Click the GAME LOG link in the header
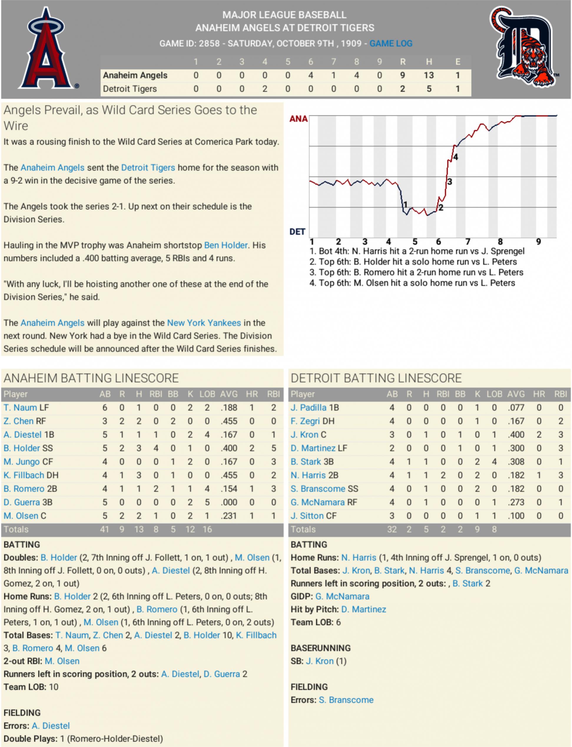click(391, 44)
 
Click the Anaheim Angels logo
click(47, 49)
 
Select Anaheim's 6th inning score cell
click(311, 75)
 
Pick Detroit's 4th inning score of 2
click(265, 89)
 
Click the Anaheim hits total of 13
click(429, 75)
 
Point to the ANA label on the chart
click(298, 119)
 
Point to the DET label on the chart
click(297, 232)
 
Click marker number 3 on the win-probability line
click(450, 182)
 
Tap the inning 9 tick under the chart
click(538, 242)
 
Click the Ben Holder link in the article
click(226, 245)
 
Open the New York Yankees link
click(204, 323)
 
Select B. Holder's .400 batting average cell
click(229, 448)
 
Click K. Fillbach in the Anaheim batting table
click(24, 475)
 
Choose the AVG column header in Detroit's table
click(515, 394)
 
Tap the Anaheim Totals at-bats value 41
click(104, 530)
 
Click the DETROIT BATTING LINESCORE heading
click(376, 378)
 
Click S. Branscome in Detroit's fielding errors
click(346, 700)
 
